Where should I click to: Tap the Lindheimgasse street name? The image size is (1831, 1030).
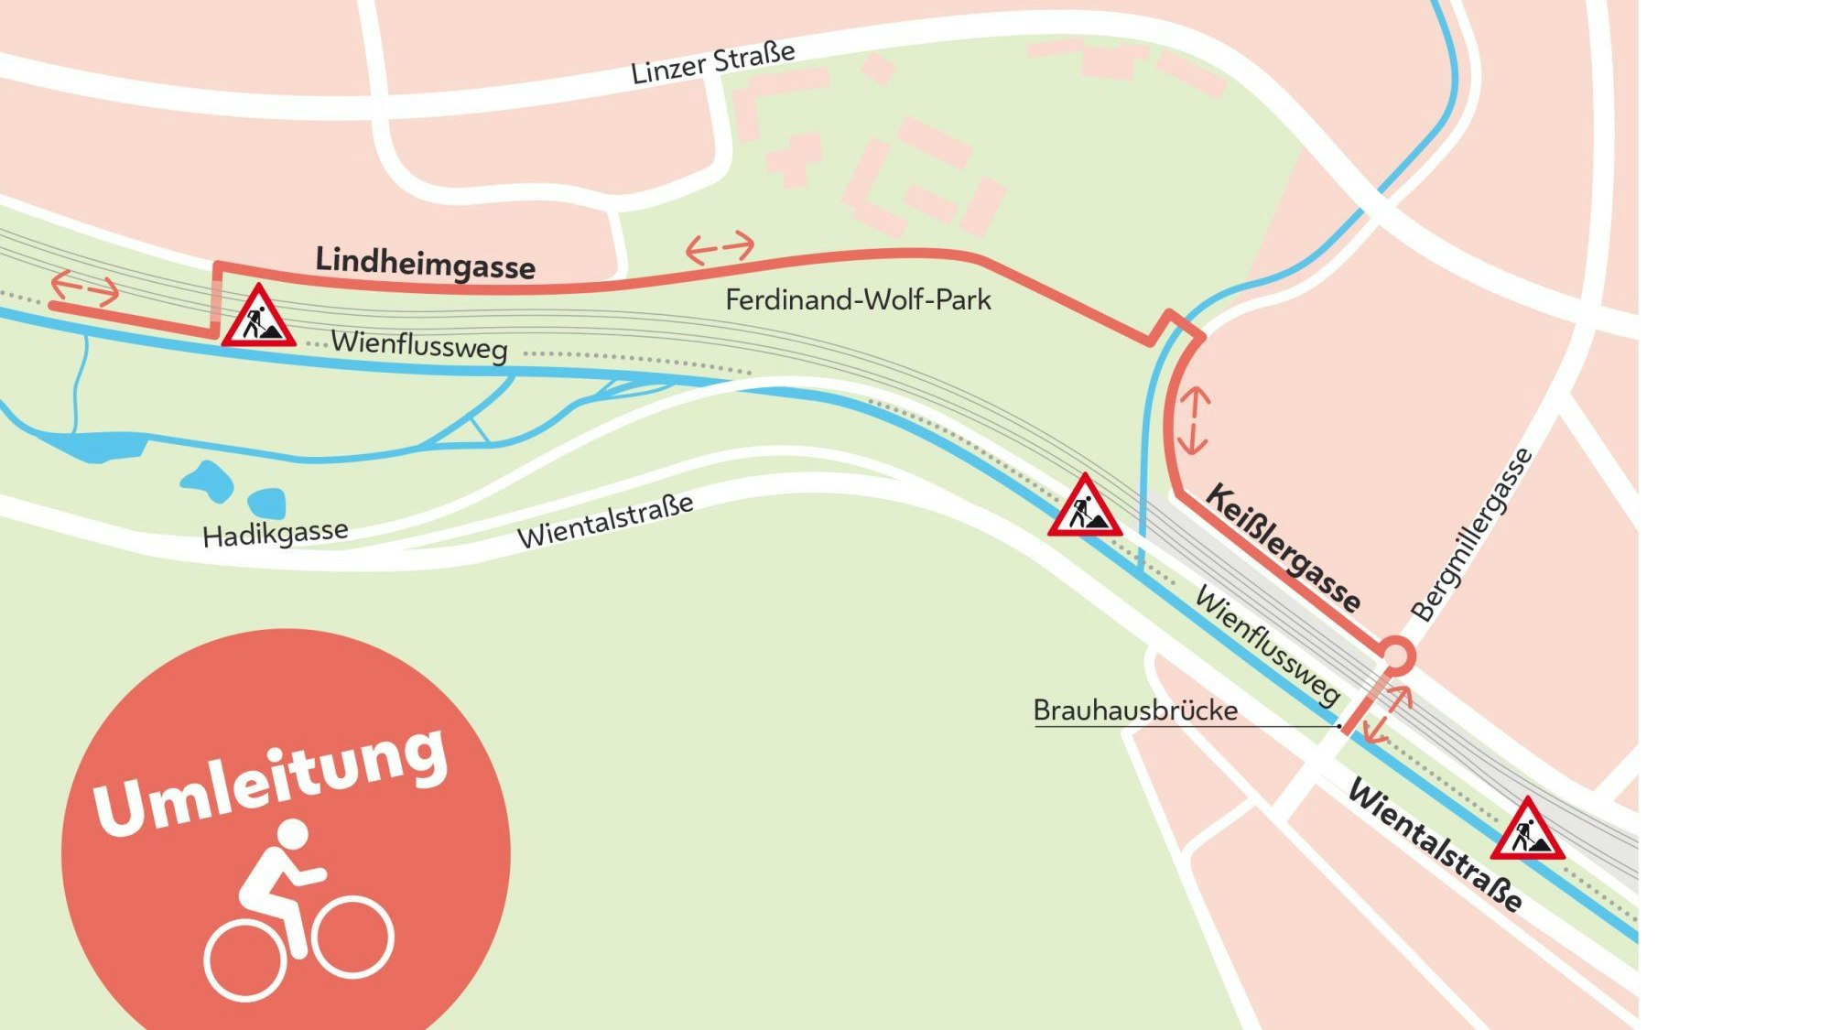[425, 263]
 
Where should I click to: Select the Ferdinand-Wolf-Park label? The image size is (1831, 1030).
[858, 299]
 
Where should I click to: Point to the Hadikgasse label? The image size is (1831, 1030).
[275, 533]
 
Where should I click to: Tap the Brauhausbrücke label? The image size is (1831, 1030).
[1135, 710]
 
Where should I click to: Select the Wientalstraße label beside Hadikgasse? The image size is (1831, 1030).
[605, 521]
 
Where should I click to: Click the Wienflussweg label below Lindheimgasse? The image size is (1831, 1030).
[419, 345]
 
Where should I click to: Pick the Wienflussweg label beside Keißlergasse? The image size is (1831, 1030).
[1267, 645]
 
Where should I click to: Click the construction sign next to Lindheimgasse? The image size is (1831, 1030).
[258, 318]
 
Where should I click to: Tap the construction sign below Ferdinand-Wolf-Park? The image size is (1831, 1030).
[1085, 508]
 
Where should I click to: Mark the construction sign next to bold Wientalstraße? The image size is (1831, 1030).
[1527, 831]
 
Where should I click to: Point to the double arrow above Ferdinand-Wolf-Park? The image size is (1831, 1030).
[720, 247]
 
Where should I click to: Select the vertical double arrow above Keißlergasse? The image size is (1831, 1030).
[1193, 421]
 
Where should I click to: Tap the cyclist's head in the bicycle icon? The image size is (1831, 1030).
[292, 834]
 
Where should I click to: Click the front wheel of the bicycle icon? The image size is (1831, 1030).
[353, 936]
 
